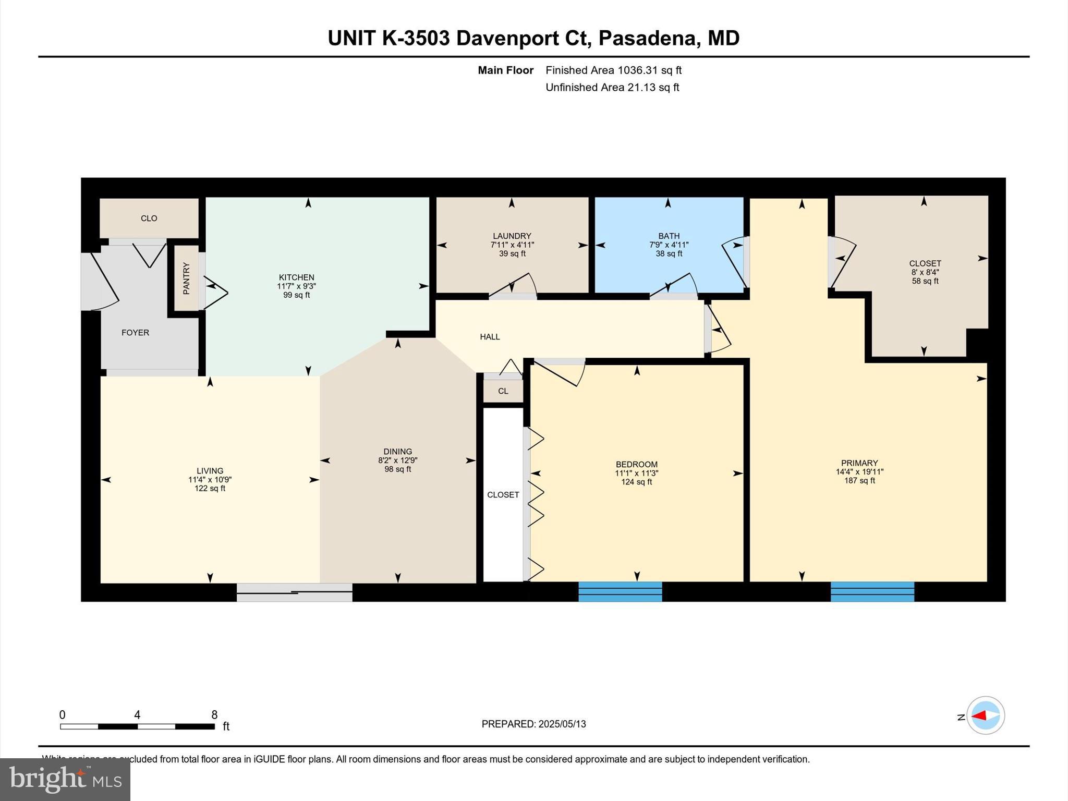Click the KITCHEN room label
coord(296,277)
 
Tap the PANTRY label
coord(186,279)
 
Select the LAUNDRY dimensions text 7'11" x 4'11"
coord(512,245)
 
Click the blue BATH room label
coord(669,236)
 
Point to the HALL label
coord(490,337)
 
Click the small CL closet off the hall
coord(503,391)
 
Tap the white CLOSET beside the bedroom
coord(503,494)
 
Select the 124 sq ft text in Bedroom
coord(636,482)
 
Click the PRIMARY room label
coord(859,463)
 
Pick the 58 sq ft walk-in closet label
coord(925,281)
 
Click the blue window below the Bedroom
coord(620,592)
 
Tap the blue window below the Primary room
coord(872,592)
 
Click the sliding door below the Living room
coord(295,592)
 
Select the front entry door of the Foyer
coord(99,282)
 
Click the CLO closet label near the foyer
coord(149,219)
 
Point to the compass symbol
coord(985,715)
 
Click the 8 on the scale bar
coord(214,715)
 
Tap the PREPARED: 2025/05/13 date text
coord(533,724)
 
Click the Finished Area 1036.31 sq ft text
coord(613,70)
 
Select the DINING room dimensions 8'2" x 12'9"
coord(397,460)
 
